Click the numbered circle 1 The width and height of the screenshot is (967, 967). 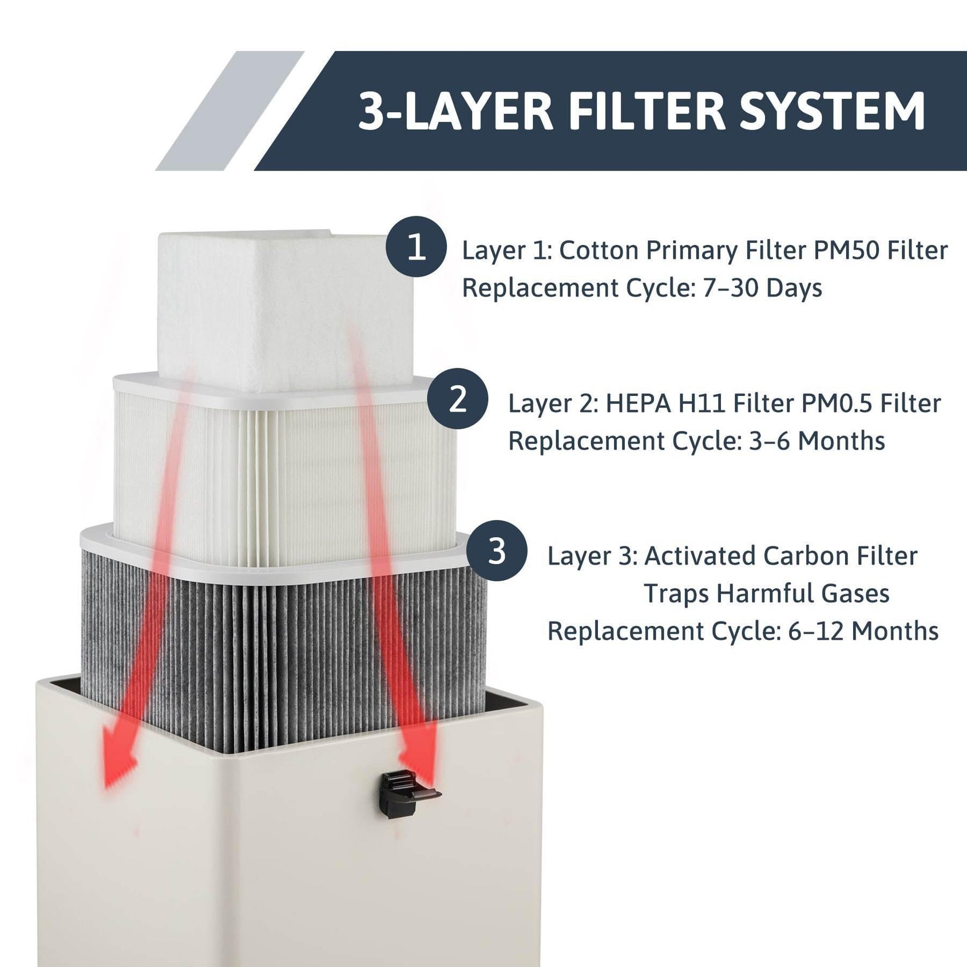coord(416,247)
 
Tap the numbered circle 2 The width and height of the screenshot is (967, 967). coord(457,399)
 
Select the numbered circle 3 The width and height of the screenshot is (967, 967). coord(497,550)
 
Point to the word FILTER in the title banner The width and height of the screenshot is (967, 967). coord(647,111)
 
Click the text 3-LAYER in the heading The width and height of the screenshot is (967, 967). coord(456,111)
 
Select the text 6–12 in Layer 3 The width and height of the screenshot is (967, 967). coord(816,632)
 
